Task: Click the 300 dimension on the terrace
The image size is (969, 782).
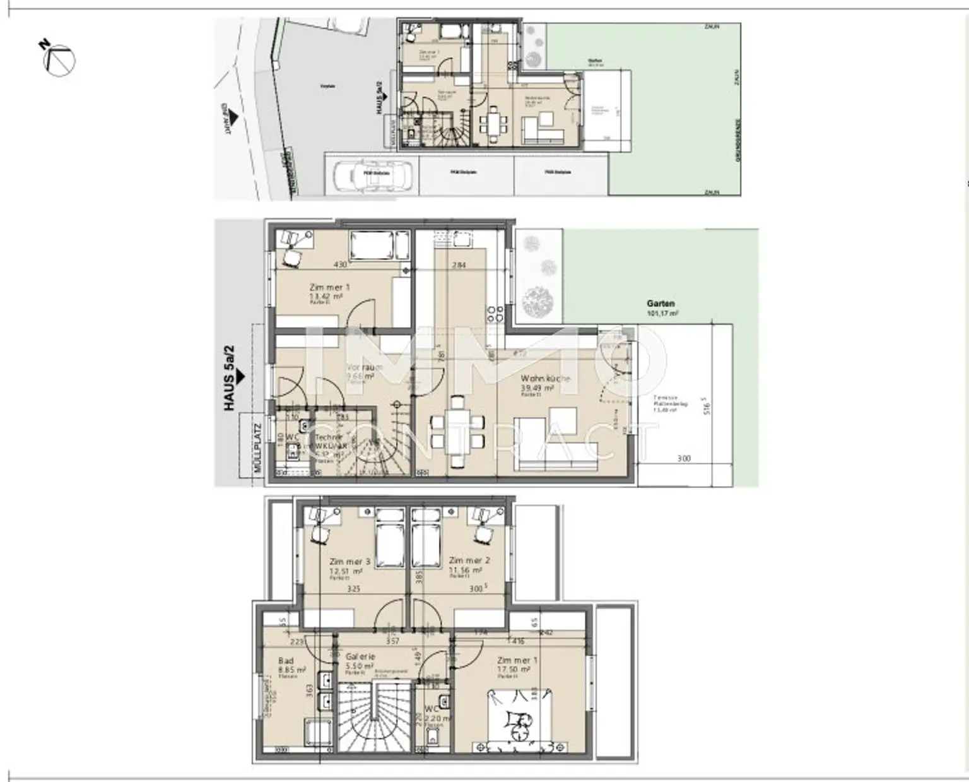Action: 684,459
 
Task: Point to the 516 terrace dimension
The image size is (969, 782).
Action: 708,406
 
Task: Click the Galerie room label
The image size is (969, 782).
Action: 360,661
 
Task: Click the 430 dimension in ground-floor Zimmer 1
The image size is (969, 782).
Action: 340,265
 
